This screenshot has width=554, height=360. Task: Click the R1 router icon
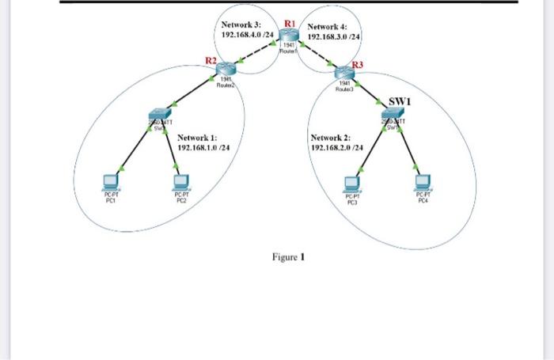coord(290,35)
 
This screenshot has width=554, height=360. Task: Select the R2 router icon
coord(227,70)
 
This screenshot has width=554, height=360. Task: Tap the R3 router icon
coord(345,73)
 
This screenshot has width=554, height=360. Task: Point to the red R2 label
coord(211,60)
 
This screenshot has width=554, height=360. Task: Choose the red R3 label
coord(358,63)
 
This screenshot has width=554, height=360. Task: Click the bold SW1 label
coord(400,101)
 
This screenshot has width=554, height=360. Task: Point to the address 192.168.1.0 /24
coord(203,147)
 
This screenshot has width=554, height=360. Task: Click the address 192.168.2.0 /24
coord(337,147)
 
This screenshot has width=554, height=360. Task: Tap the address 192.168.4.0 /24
coord(247,36)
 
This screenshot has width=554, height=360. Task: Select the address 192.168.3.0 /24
coord(334,36)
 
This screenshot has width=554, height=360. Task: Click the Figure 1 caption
coord(288,257)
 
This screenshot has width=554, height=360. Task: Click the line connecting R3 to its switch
coord(369,96)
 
